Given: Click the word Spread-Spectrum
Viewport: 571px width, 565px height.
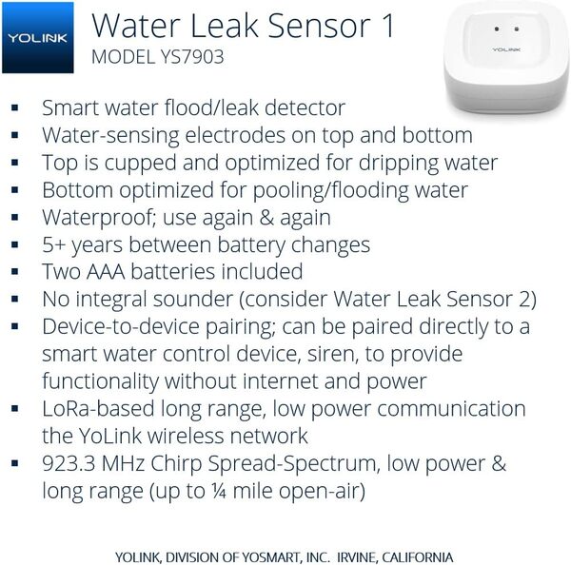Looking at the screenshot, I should [x=318, y=465].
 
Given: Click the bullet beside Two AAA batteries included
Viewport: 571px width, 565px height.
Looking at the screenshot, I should [x=15, y=273].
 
